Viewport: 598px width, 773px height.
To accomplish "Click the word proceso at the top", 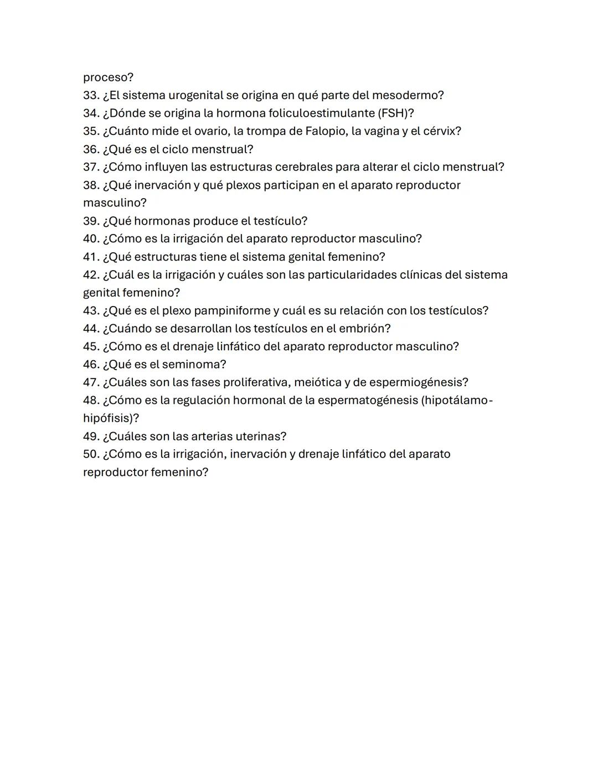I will click(x=108, y=77).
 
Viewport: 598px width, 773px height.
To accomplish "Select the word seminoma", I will click(x=194, y=364).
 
